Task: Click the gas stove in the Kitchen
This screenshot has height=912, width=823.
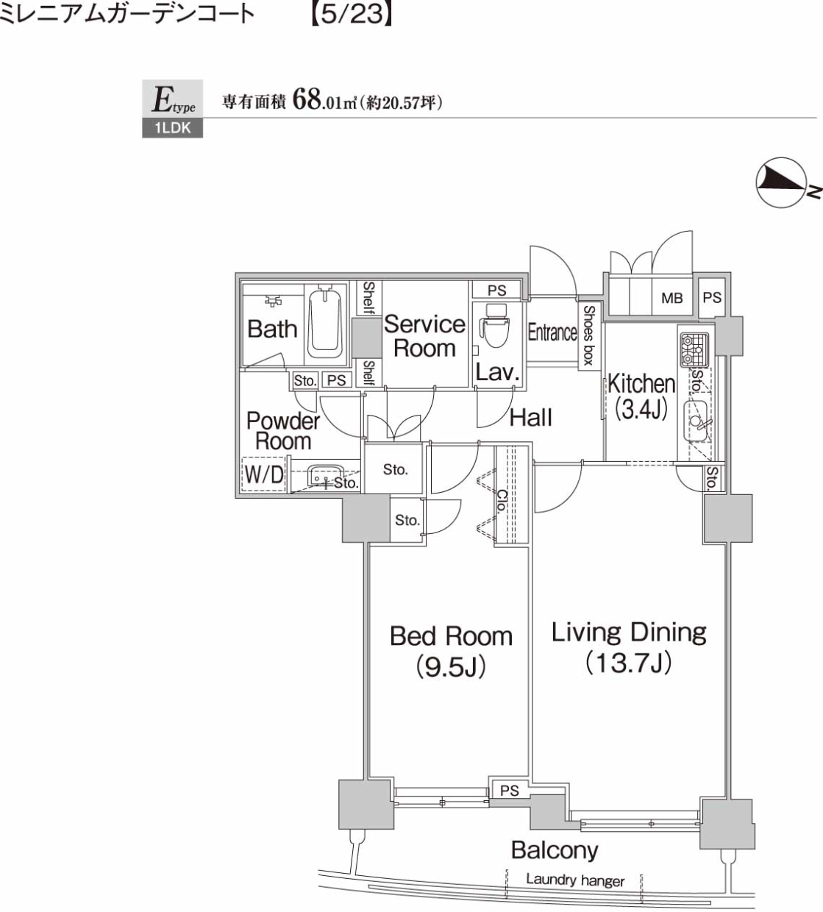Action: [x=694, y=350]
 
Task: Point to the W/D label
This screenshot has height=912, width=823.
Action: [x=263, y=474]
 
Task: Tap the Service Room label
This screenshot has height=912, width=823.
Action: [x=424, y=335]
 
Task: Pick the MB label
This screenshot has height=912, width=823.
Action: [x=671, y=298]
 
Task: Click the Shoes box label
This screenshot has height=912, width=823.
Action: [x=589, y=335]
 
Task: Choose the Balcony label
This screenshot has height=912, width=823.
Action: [x=555, y=850]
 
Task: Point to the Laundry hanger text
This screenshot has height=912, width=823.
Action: [x=575, y=879]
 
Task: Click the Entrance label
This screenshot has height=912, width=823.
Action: [x=552, y=332]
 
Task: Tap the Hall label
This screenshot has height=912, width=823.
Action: [x=530, y=418]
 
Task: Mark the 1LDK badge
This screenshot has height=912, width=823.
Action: [x=172, y=129]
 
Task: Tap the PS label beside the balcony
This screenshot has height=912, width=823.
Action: [x=509, y=791]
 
